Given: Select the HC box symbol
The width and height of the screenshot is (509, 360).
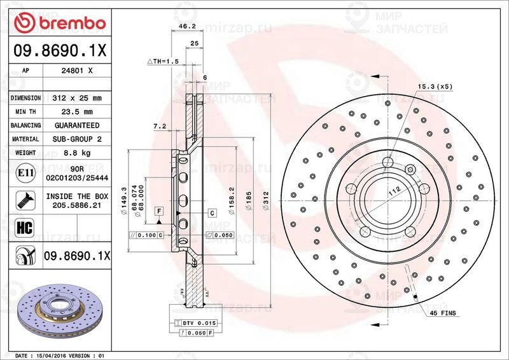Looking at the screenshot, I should [x=24, y=227].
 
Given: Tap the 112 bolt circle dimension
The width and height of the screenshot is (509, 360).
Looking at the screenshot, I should [x=394, y=190].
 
